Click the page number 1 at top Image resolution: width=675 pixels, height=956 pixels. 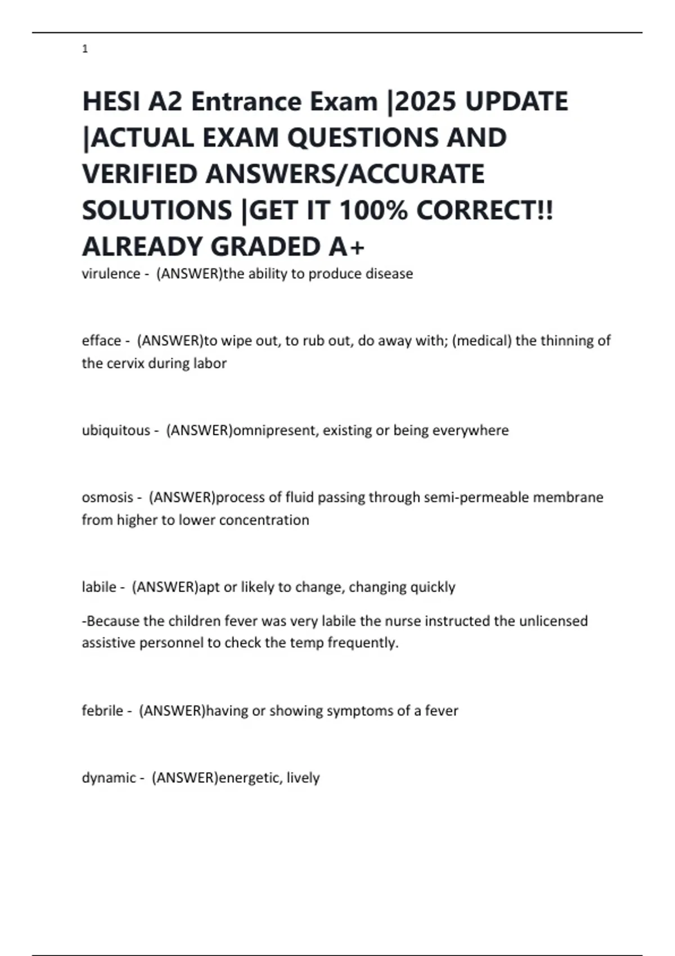click(x=85, y=49)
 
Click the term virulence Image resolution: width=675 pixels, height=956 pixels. click(x=111, y=274)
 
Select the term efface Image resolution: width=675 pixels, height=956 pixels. click(x=101, y=341)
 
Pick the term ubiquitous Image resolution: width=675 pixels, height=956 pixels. click(x=116, y=430)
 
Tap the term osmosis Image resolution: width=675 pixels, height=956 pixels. click(x=107, y=497)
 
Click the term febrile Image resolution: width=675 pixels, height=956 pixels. click(x=102, y=711)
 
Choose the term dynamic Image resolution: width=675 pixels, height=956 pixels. click(x=109, y=778)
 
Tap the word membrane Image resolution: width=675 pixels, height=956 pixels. click(x=568, y=497)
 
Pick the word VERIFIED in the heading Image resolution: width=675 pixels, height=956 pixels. click(x=139, y=174)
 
